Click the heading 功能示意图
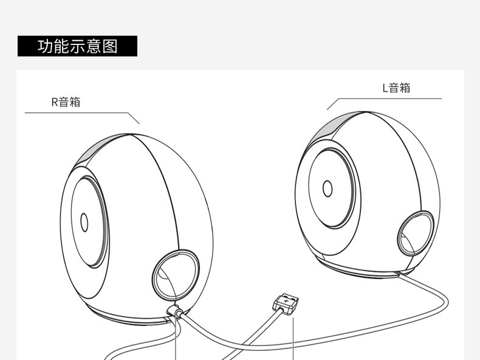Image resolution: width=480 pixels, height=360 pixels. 77,46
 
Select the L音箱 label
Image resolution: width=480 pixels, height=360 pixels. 396,88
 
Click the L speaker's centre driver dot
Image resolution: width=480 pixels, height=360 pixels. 327,188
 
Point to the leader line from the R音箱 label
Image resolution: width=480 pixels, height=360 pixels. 79,113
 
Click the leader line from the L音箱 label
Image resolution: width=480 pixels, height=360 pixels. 389,99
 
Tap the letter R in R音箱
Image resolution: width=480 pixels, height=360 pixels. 55,102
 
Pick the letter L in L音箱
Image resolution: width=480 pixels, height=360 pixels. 385,88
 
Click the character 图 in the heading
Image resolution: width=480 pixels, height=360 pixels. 110,46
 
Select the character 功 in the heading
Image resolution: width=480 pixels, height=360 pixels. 44,46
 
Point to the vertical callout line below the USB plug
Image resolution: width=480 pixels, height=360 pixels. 293,341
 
